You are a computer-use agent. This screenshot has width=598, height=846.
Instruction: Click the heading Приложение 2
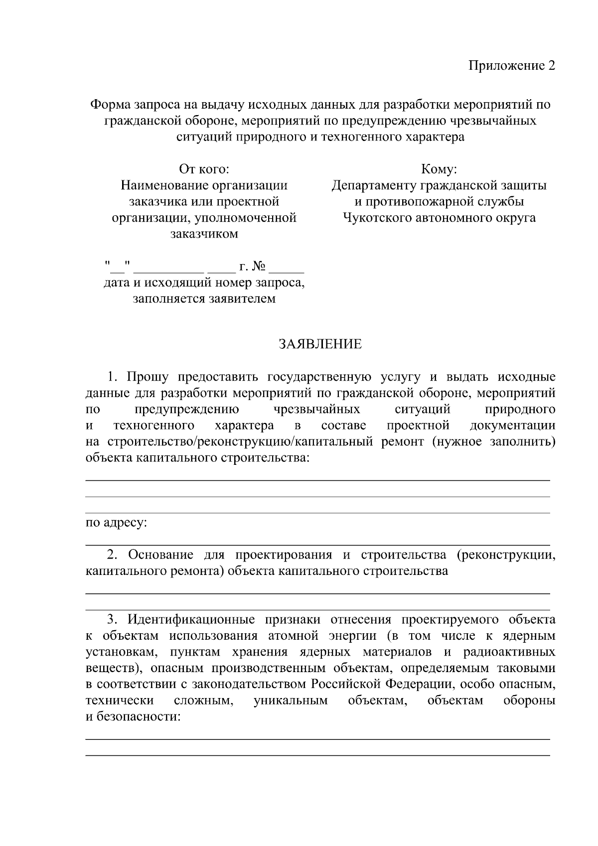click(511, 66)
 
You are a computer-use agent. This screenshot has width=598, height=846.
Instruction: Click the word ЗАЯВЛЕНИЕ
click(320, 344)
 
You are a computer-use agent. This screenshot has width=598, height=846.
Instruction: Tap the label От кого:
click(204, 169)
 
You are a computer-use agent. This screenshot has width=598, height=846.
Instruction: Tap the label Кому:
click(439, 169)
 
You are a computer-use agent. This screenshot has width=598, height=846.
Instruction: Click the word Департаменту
click(374, 186)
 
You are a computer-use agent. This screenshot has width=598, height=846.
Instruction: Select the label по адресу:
click(117, 523)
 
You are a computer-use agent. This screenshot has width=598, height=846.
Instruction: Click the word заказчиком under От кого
click(204, 234)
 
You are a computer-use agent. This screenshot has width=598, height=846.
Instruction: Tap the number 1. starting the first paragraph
click(113, 377)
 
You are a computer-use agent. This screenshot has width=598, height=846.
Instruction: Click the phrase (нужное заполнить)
click(494, 441)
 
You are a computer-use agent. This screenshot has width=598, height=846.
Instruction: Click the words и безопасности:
click(133, 717)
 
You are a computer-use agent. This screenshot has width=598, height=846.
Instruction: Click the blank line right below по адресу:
click(318, 545)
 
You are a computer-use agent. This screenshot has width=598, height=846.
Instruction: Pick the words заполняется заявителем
click(204, 299)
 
